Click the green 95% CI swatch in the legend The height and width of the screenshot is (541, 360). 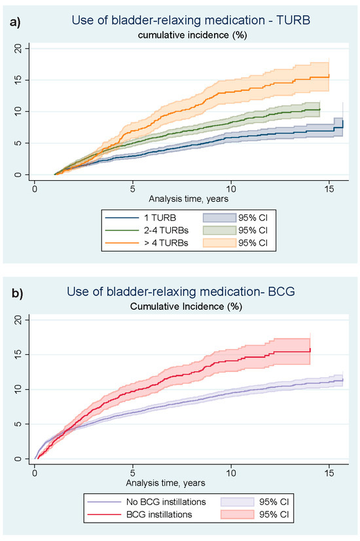219,229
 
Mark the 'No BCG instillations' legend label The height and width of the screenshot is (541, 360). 143,502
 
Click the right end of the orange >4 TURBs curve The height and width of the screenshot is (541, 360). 329,76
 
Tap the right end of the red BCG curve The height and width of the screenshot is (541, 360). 310,350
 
